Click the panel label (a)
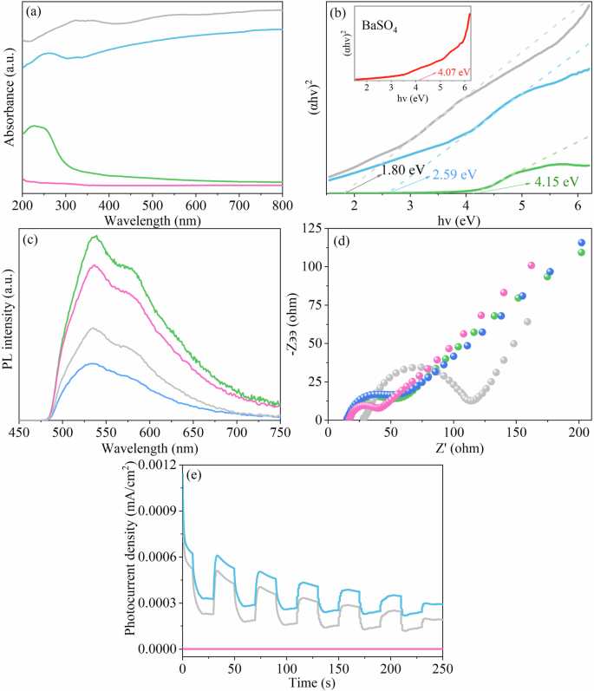pyautogui.click(x=36, y=12)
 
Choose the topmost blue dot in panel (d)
pyautogui.click(x=581, y=243)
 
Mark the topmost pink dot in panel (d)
pyautogui.click(x=532, y=265)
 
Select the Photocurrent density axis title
pyautogui.click(x=131, y=555)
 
